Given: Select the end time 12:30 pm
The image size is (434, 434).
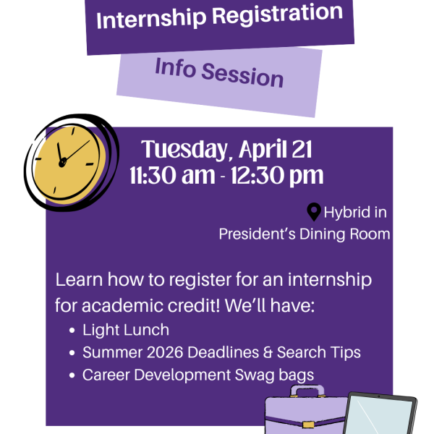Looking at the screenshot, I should tap(279, 176).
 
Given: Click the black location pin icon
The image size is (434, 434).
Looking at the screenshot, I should tap(314, 212).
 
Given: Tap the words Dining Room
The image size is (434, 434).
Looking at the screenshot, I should tap(353, 234).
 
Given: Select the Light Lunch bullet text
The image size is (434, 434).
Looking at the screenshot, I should tap(126, 330).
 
